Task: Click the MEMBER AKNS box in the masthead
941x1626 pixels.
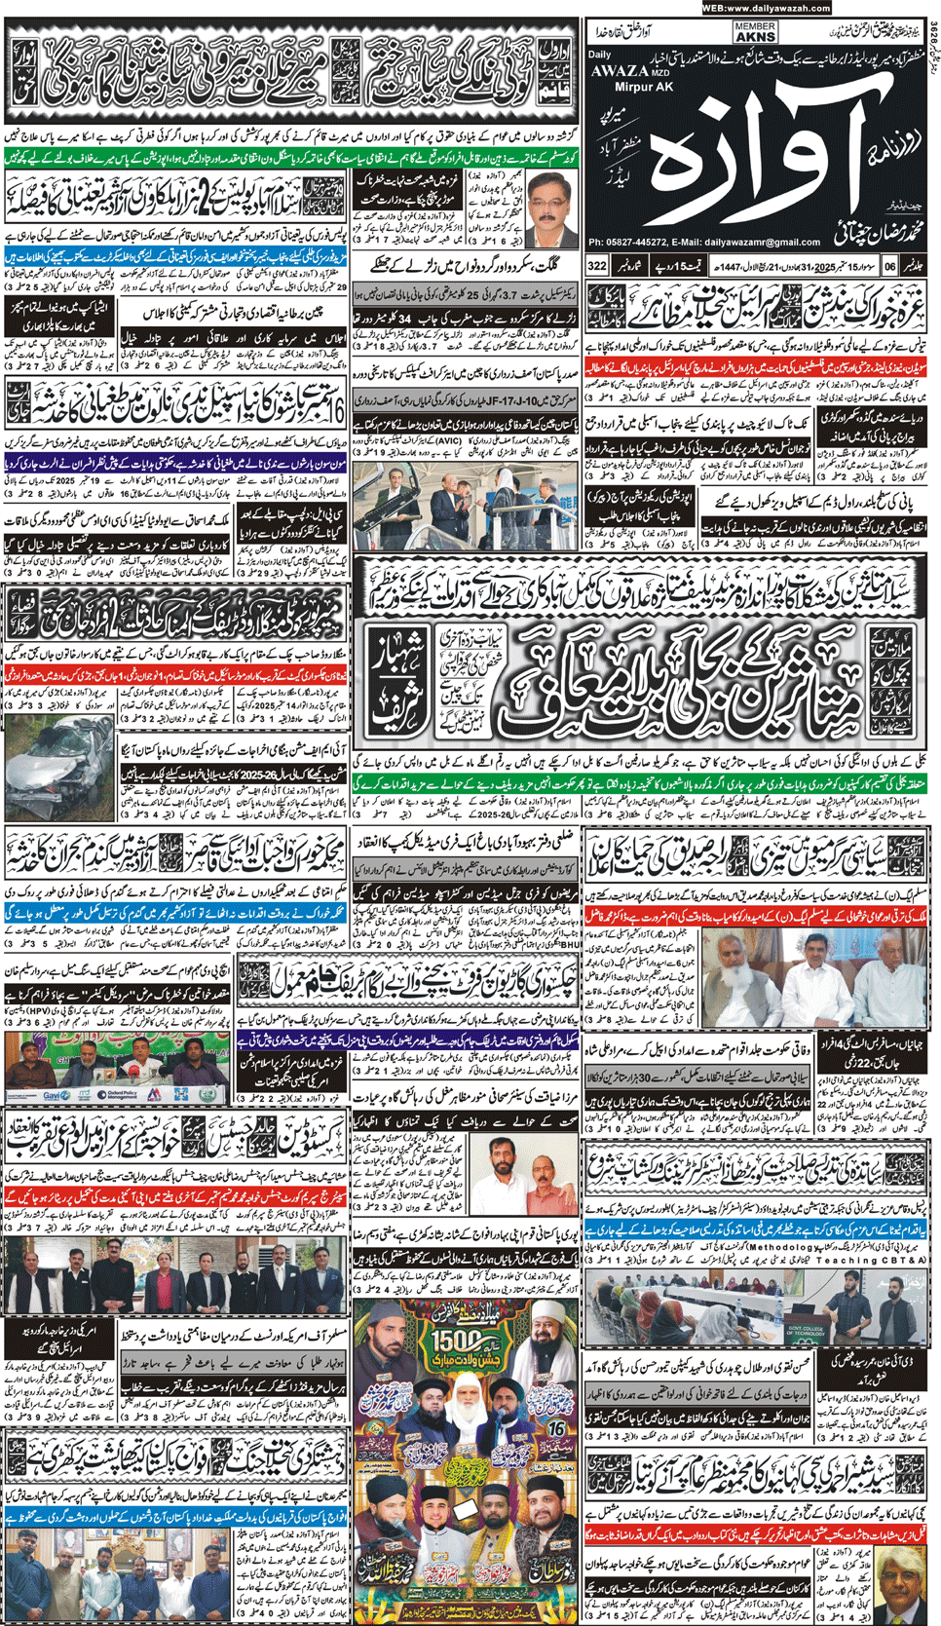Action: click(x=755, y=32)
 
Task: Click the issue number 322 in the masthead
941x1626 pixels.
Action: click(x=597, y=265)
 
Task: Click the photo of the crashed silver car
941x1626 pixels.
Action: click(x=58, y=770)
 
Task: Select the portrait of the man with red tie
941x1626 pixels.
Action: click(x=550, y=208)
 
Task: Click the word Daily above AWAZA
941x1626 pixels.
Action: click(x=600, y=56)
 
